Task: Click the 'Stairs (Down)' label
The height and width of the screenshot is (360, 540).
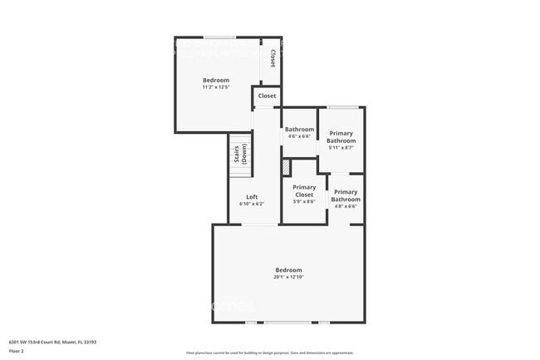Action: pyautogui.click(x=240, y=155)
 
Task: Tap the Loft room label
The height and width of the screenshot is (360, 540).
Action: pyautogui.click(x=251, y=197)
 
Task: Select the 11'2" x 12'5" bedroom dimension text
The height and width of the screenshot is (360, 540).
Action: pyautogui.click(x=216, y=87)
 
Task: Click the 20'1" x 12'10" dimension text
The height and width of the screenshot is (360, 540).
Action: pyautogui.click(x=288, y=277)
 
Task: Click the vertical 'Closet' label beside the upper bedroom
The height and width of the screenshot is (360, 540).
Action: pyautogui.click(x=272, y=58)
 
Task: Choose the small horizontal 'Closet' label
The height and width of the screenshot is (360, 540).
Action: pyautogui.click(x=267, y=96)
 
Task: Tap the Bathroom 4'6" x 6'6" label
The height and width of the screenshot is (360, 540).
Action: pyautogui.click(x=299, y=130)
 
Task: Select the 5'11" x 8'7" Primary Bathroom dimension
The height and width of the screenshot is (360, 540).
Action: pyautogui.click(x=341, y=148)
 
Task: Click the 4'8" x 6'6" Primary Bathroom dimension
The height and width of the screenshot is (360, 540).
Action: pyautogui.click(x=346, y=206)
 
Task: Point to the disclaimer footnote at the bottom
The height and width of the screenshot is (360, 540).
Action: pyautogui.click(x=269, y=353)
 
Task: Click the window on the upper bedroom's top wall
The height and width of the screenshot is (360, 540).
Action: pyautogui.click(x=219, y=37)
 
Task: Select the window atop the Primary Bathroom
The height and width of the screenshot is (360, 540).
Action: pyautogui.click(x=342, y=106)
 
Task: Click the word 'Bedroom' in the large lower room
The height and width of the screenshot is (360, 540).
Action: pyautogui.click(x=288, y=269)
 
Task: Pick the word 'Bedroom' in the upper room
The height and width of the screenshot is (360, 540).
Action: pyautogui.click(x=216, y=80)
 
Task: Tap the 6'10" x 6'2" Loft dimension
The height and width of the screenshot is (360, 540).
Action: pyautogui.click(x=251, y=204)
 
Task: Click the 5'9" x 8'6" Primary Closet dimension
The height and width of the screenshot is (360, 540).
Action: pyautogui.click(x=304, y=201)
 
